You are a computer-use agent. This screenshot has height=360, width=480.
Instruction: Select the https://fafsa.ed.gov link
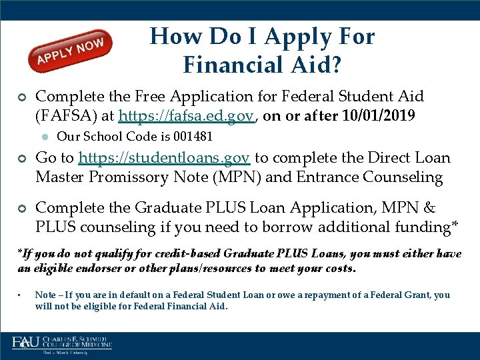186,116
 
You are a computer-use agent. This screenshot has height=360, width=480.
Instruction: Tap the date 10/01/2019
378,116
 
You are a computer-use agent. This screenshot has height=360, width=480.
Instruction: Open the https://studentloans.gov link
164,158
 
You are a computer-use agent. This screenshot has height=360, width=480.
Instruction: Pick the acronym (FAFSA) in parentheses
74,116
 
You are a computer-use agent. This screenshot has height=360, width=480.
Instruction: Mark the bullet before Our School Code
44,137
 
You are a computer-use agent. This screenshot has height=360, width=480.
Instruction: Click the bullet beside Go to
22,159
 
